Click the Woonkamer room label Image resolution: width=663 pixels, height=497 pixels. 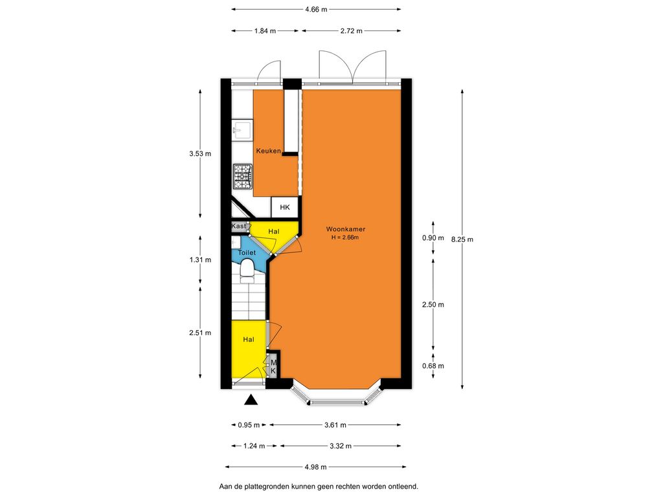click(x=346, y=229)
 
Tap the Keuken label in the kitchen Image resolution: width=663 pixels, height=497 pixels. click(x=269, y=151)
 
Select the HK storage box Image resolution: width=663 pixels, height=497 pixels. click(x=285, y=207)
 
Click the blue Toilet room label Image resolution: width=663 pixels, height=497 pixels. click(x=247, y=253)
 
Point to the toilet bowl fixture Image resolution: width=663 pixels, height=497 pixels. click(x=247, y=271)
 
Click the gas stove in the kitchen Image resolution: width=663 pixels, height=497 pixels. click(x=243, y=176)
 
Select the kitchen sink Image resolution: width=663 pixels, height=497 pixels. click(x=242, y=130)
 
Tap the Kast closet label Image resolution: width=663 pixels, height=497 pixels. click(x=238, y=226)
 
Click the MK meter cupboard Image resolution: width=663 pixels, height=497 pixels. click(x=273, y=366)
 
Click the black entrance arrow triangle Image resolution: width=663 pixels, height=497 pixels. click(x=251, y=400)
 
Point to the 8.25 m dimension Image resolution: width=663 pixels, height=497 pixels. click(x=462, y=239)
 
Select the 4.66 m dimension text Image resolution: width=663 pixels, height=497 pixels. click(x=316, y=9)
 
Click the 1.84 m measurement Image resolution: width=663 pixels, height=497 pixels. click(x=265, y=31)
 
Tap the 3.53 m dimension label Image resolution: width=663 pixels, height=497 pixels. click(x=200, y=154)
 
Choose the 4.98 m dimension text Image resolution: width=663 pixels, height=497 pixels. click(x=315, y=467)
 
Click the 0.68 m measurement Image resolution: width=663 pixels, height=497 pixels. click(x=433, y=366)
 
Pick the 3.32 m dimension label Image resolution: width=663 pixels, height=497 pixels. click(x=341, y=446)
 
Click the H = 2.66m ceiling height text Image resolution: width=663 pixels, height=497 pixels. click(x=345, y=237)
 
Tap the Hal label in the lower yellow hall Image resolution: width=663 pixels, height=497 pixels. click(x=248, y=339)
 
